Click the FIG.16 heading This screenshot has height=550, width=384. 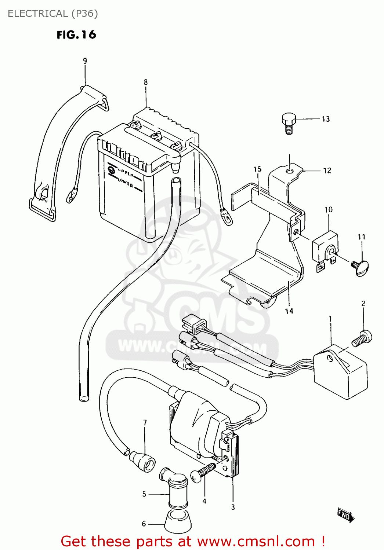coord(76,35)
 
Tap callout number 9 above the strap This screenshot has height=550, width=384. coord(85,61)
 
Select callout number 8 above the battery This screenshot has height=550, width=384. coord(146,82)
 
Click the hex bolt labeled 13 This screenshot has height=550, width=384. coord(289,122)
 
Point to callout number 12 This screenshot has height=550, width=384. coord(327,170)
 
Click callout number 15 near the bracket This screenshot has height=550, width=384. coord(257,169)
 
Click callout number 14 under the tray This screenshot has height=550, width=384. coord(289,311)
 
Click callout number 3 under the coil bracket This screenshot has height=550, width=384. coord(233,507)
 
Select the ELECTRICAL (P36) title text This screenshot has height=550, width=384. coord(53,14)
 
